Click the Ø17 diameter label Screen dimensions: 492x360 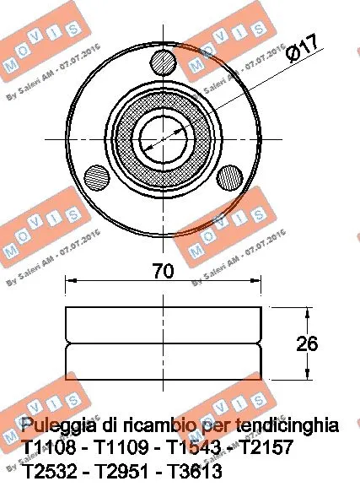[x=301, y=49]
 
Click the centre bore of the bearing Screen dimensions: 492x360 [x=161, y=134]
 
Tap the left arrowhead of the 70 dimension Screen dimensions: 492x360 [x=70, y=282]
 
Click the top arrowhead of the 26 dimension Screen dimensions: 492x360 [x=311, y=311]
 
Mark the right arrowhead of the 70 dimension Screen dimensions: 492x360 [x=257, y=282]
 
